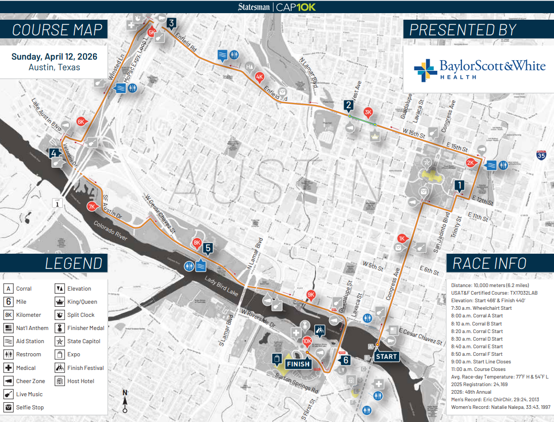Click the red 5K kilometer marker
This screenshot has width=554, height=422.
point(152,33)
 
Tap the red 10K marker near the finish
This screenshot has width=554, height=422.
point(306,341)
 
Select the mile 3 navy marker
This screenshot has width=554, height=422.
point(172,23)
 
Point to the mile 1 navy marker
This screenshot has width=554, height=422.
point(459,185)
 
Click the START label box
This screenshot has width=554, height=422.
point(387,356)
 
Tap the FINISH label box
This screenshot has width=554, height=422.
point(298,363)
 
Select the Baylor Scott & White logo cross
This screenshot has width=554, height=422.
point(425,70)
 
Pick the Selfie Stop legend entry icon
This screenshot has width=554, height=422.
point(9,407)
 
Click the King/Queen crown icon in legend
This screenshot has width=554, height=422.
point(60,302)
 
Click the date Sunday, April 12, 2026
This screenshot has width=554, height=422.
point(54,57)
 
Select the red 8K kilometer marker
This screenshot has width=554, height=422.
point(197,243)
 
